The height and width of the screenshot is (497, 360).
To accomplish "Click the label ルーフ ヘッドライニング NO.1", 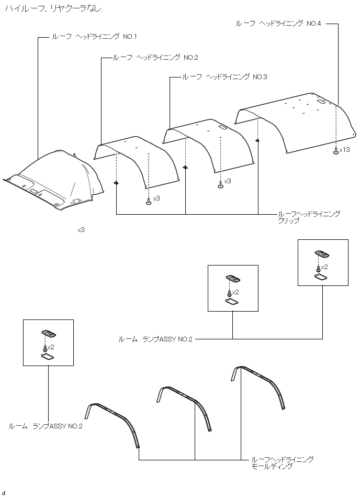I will click(x=94, y=37).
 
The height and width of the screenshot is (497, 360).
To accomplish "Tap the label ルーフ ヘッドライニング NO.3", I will click(x=224, y=76).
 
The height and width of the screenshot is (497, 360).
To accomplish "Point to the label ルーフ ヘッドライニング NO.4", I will click(x=278, y=24).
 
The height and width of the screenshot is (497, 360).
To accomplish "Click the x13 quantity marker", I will click(x=344, y=150).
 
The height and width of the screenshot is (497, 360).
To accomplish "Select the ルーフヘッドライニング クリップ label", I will click(x=309, y=217).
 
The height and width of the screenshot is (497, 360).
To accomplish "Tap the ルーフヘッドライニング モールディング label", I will click(x=283, y=462).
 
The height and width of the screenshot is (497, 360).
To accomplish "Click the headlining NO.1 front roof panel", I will click(x=52, y=181).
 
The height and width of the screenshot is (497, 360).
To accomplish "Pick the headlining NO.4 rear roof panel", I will click(x=293, y=126).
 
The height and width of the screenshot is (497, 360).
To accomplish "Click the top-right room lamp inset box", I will click(x=322, y=262).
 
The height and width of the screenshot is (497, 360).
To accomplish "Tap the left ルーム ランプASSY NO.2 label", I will click(x=46, y=426).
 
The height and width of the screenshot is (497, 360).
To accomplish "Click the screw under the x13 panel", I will click(x=335, y=151).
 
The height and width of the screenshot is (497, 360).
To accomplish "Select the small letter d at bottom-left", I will click(x=3, y=493).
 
